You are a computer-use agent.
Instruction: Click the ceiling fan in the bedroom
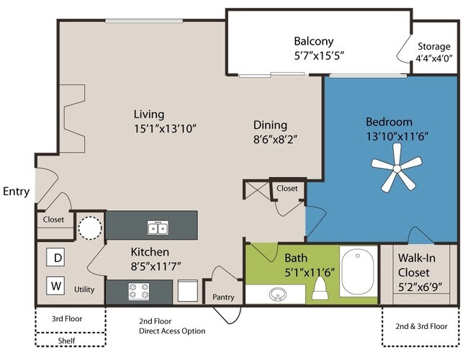click(x=397, y=169)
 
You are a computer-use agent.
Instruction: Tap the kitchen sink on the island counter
click(x=158, y=228)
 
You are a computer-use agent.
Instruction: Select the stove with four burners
click(x=139, y=292)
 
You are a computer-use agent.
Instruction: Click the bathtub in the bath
click(x=358, y=271)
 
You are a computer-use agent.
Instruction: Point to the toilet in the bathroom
click(x=320, y=288)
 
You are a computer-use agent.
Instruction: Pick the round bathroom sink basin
click(x=277, y=294)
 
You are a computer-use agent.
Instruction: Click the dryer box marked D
click(x=55, y=257)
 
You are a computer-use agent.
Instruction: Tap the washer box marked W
click(x=55, y=286)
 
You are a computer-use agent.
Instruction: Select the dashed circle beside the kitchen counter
click(x=90, y=228)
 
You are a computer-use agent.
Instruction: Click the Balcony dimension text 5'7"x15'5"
click(x=320, y=56)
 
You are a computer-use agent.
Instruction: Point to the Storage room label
click(x=433, y=47)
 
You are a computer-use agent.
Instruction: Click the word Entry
click(x=16, y=192)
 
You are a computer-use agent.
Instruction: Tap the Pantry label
click(x=223, y=297)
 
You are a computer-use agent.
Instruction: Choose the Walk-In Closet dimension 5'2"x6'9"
click(x=420, y=287)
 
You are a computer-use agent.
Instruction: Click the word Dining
click(x=271, y=125)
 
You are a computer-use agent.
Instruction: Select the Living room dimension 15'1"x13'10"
click(x=165, y=129)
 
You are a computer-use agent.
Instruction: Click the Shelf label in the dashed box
click(x=66, y=341)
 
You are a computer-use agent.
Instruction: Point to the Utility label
click(x=84, y=289)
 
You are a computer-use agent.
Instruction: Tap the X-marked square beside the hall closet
click(x=257, y=190)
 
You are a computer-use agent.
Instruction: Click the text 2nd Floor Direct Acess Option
click(x=172, y=326)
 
